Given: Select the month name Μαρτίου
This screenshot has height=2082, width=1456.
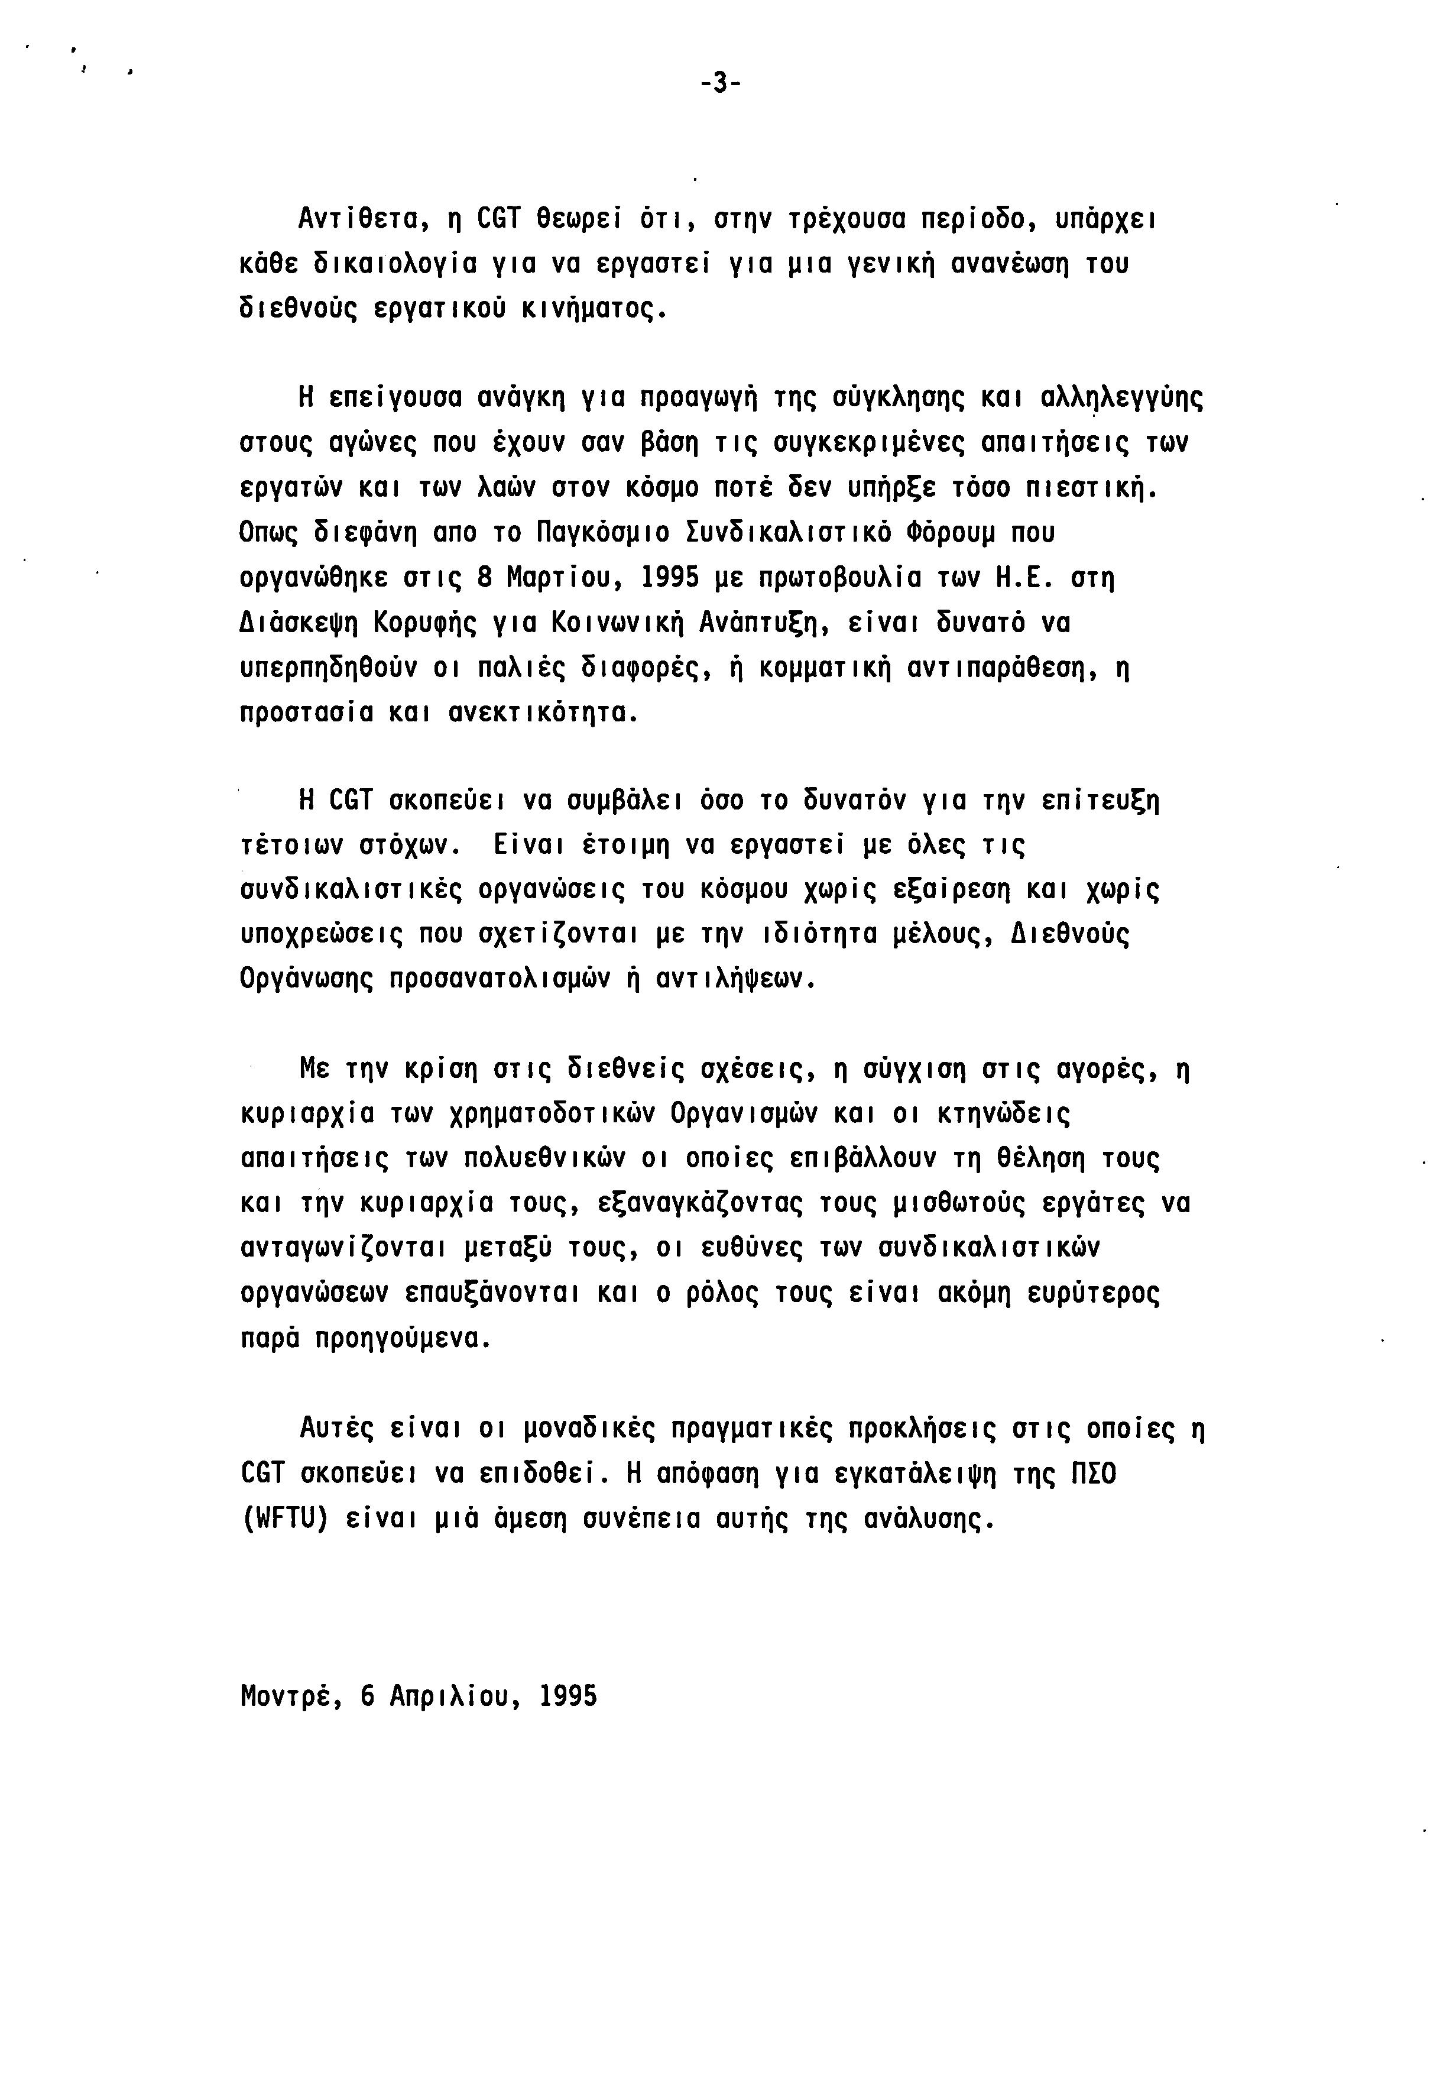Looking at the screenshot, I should click(x=557, y=578).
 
